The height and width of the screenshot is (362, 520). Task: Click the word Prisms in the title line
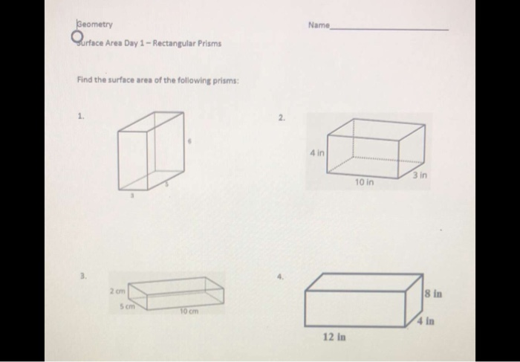[x=207, y=42]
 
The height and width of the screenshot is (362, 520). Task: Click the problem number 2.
[x=281, y=117]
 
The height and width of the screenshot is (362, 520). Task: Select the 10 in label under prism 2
[x=363, y=181]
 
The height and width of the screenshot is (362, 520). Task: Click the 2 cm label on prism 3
[x=120, y=290]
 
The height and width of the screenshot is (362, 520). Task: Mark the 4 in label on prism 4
[x=425, y=321]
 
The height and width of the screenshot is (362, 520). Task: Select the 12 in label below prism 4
[x=333, y=337]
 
